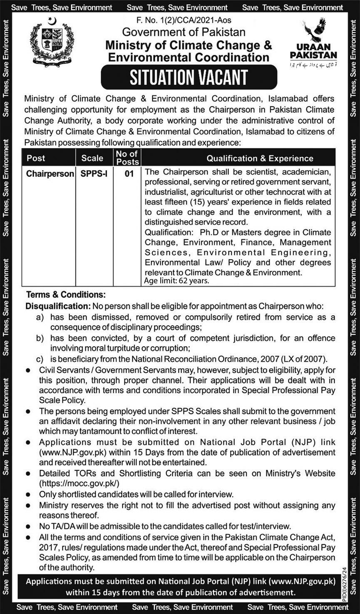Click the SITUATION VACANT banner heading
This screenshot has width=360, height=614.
[189, 77]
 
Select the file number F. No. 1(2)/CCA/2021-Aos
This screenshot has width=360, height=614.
[184, 20]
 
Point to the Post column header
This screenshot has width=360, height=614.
[36, 158]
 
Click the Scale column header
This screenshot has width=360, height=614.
[92, 158]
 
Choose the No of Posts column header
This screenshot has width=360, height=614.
[127, 158]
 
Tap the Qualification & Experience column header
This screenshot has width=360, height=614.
[260, 158]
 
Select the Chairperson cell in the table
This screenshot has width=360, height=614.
[50, 173]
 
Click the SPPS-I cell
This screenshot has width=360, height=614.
[94, 173]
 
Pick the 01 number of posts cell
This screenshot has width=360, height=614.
[129, 173]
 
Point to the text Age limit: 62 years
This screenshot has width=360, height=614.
[176, 281]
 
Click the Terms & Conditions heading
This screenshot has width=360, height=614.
[66, 295]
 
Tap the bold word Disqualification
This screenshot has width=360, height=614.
[58, 306]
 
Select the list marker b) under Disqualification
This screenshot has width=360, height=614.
[40, 338]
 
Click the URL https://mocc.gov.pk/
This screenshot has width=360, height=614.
[79, 483]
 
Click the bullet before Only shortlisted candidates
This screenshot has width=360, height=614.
[28, 495]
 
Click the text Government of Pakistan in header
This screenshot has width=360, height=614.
[184, 32]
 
